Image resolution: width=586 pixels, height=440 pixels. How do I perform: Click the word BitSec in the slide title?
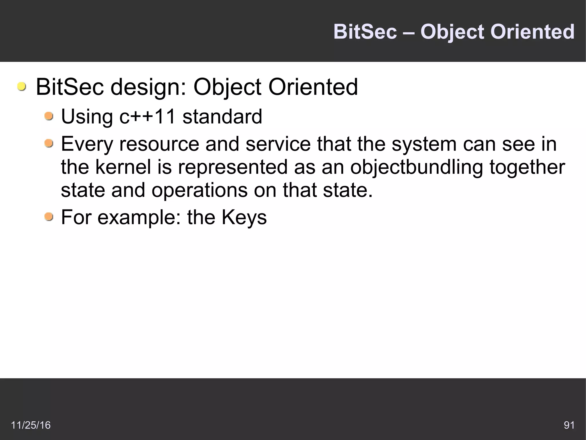pyautogui.click(x=365, y=32)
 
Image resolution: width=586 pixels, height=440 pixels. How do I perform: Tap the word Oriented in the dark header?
pyautogui.click(x=532, y=32)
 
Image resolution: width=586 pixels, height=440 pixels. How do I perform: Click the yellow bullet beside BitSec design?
pyautogui.click(x=21, y=87)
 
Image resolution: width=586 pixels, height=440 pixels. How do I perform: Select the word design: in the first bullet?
pyautogui.click(x=148, y=87)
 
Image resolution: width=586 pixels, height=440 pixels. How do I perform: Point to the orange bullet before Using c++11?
pyautogui.click(x=49, y=116)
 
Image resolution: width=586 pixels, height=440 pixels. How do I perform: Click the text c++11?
pyautogui.click(x=147, y=117)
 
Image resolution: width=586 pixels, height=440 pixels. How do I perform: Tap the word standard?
pyautogui.click(x=222, y=117)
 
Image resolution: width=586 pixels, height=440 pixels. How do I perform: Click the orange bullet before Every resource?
pyautogui.click(x=49, y=143)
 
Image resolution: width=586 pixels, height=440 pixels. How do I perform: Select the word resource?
pyautogui.click(x=159, y=144)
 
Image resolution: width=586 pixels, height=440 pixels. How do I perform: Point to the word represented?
pyautogui.click(x=233, y=167)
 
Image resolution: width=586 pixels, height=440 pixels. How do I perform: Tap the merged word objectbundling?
pyautogui.click(x=416, y=167)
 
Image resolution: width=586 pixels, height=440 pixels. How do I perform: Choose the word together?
pyautogui.click(x=527, y=167)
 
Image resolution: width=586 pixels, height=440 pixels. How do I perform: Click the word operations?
pyautogui.click(x=199, y=190)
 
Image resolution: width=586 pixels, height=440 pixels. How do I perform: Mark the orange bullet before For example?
pyautogui.click(x=49, y=217)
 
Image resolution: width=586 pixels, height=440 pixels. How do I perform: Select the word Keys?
pyautogui.click(x=244, y=218)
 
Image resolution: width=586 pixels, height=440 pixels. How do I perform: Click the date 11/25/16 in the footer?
pyautogui.click(x=31, y=425)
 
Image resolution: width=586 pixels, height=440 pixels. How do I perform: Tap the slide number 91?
pyautogui.click(x=569, y=425)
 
